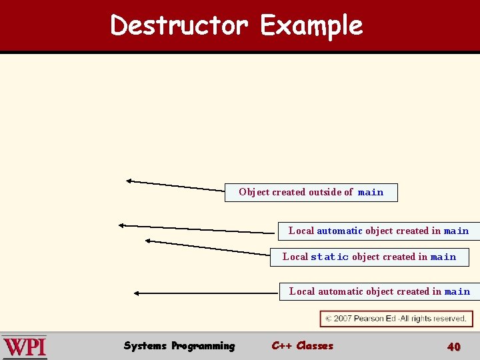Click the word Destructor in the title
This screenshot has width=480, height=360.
pos(179,26)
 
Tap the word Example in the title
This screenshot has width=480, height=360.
pos(311,26)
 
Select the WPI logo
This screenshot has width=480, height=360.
pos(25,347)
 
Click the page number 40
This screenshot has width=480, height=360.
pos(453,346)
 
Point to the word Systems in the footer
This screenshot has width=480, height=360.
pos(145,345)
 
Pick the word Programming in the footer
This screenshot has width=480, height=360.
pos(203,345)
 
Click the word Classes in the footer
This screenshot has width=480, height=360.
pos(315,345)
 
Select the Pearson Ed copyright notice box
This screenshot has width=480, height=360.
pos(396,319)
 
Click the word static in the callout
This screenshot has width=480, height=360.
pos(329,257)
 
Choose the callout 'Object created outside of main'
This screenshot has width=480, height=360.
pos(311,192)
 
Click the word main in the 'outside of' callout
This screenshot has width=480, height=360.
pos(371,193)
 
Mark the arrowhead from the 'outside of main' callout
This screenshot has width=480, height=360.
pos(129,180)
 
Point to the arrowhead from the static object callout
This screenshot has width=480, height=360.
pos(148,241)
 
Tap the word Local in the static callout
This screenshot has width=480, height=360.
pos(295,257)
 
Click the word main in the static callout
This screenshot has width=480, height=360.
pos(443,257)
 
